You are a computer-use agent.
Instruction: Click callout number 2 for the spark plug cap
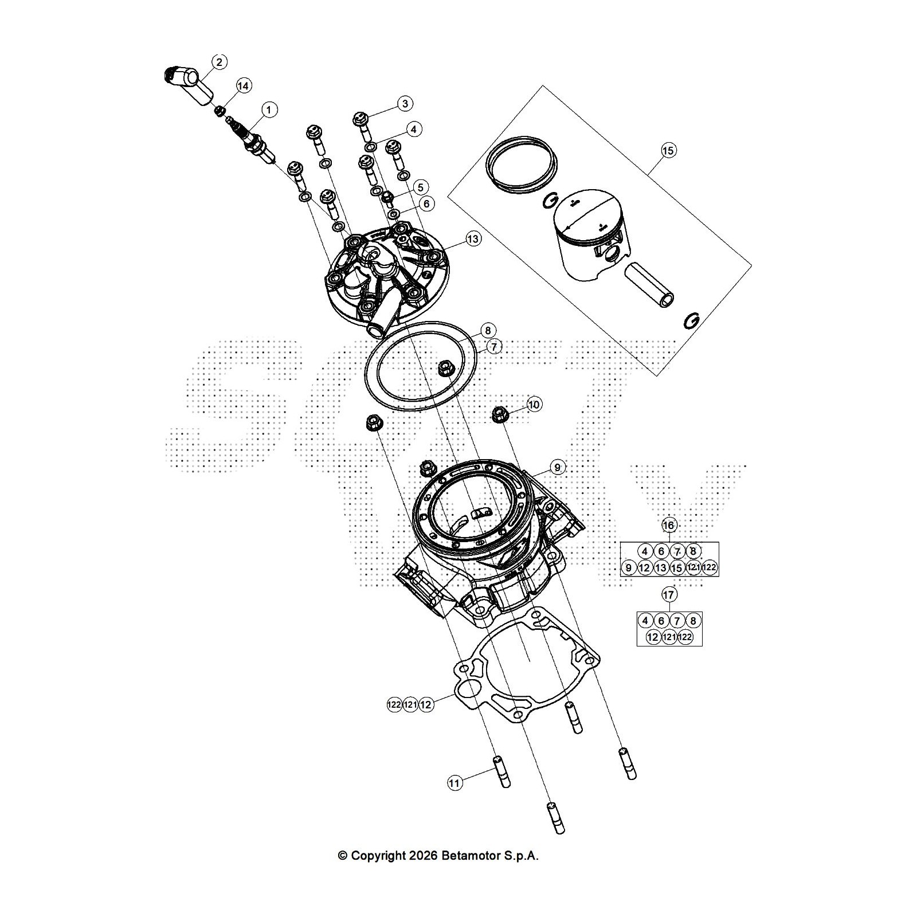pyautogui.click(x=220, y=62)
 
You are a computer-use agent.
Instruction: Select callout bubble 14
pyautogui.click(x=244, y=86)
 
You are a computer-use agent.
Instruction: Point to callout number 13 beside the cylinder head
pyautogui.click(x=473, y=238)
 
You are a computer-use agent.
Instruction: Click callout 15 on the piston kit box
pyautogui.click(x=668, y=151)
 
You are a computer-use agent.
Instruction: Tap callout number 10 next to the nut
pyautogui.click(x=534, y=405)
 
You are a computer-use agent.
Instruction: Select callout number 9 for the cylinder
pyautogui.click(x=557, y=468)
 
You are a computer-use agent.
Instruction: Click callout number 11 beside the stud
pyautogui.click(x=454, y=783)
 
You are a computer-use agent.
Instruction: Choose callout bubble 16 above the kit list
pyautogui.click(x=669, y=525)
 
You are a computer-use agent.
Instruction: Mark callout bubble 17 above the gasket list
pyautogui.click(x=669, y=595)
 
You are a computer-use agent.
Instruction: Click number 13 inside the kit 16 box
pyautogui.click(x=661, y=568)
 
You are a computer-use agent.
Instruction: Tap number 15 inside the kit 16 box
pyautogui.click(x=677, y=568)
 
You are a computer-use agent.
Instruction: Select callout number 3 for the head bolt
pyautogui.click(x=405, y=104)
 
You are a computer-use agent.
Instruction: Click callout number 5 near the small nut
pyautogui.click(x=421, y=187)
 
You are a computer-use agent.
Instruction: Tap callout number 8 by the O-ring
pyautogui.click(x=488, y=331)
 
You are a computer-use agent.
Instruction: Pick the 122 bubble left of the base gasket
pyautogui.click(x=394, y=705)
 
